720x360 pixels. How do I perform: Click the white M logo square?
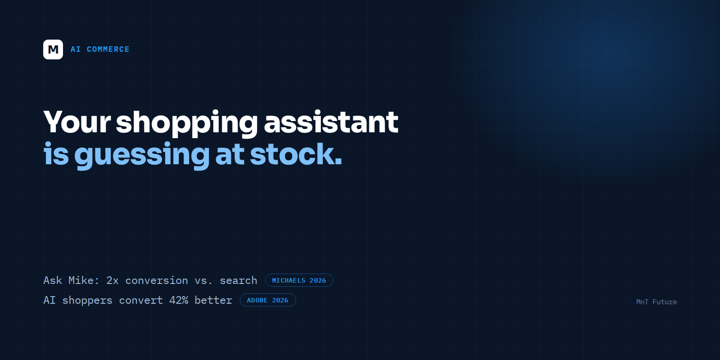[x=53, y=49]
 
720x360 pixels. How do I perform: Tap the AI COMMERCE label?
[x=100, y=49]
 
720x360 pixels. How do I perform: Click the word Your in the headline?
[x=77, y=122]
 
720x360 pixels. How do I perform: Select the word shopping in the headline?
[x=187, y=124]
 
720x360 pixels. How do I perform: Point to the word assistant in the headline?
[x=331, y=122]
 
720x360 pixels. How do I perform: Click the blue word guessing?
[x=142, y=156]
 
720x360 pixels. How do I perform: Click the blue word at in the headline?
[x=229, y=155]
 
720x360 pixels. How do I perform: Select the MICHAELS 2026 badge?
[x=299, y=280]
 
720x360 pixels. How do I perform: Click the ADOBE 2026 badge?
[x=268, y=300]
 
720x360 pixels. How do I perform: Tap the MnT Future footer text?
[x=657, y=302]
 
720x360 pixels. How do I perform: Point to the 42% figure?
[x=179, y=300]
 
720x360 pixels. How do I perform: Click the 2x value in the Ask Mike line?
[x=112, y=281]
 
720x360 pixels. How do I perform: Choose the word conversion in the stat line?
[x=157, y=281]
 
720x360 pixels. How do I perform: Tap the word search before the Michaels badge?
[x=238, y=281]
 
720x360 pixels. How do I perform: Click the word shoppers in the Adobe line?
[x=87, y=301]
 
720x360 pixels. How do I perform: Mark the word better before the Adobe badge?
[x=213, y=300]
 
